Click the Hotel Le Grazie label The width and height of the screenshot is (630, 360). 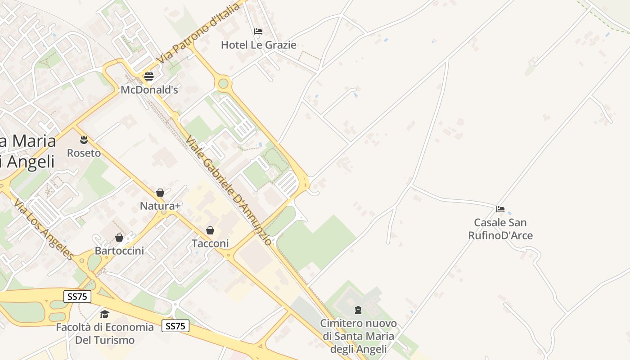pyautogui.click(x=258, y=45)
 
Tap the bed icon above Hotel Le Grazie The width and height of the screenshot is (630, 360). pyautogui.click(x=258, y=31)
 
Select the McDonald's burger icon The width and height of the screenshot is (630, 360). pyautogui.click(x=149, y=76)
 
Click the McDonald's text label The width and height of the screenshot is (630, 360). pyautogui.click(x=149, y=90)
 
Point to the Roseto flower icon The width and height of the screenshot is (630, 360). pyautogui.click(x=84, y=139)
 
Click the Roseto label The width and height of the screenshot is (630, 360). pyautogui.click(x=84, y=153)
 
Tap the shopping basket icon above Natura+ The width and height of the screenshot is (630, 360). pyautogui.click(x=160, y=193)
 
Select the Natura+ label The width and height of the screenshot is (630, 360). pyautogui.click(x=160, y=206)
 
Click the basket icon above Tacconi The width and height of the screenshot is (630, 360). pyautogui.click(x=210, y=230)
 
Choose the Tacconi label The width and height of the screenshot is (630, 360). pyautogui.click(x=210, y=243)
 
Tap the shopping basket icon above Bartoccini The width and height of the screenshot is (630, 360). pyautogui.click(x=119, y=237)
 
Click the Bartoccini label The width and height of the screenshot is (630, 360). pyautogui.click(x=119, y=251)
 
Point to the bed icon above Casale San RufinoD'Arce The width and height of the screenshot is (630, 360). pyautogui.click(x=500, y=209)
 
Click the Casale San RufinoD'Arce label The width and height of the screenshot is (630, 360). pyautogui.click(x=500, y=229)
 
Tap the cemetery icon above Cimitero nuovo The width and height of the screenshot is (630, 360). pyautogui.click(x=358, y=310)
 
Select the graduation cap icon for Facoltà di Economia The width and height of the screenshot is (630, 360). pyautogui.click(x=104, y=314)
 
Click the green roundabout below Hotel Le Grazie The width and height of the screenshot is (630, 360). pyautogui.click(x=223, y=83)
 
